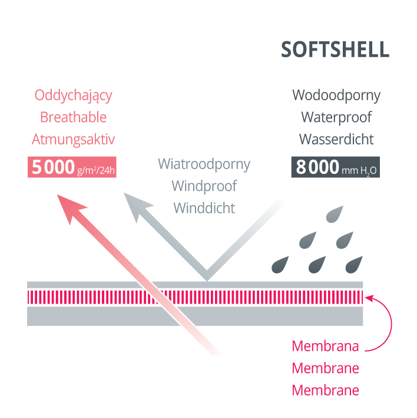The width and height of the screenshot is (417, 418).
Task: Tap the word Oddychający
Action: (x=74, y=95)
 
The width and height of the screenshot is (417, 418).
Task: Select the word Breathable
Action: (x=74, y=117)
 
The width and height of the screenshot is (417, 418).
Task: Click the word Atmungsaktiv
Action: (x=74, y=139)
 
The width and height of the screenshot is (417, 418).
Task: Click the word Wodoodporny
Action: (x=336, y=95)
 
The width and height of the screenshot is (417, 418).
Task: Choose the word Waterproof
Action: (x=336, y=117)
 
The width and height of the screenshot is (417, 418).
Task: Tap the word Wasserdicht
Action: (x=336, y=139)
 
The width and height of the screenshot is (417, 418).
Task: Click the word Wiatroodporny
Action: (x=204, y=164)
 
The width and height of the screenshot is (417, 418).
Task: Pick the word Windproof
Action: (x=204, y=186)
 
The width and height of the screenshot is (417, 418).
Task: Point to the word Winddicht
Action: (x=204, y=208)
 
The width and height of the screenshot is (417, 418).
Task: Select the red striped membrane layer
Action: (x=194, y=296)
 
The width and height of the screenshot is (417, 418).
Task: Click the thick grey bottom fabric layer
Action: (x=194, y=317)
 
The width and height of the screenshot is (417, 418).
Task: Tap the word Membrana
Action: (x=326, y=346)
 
